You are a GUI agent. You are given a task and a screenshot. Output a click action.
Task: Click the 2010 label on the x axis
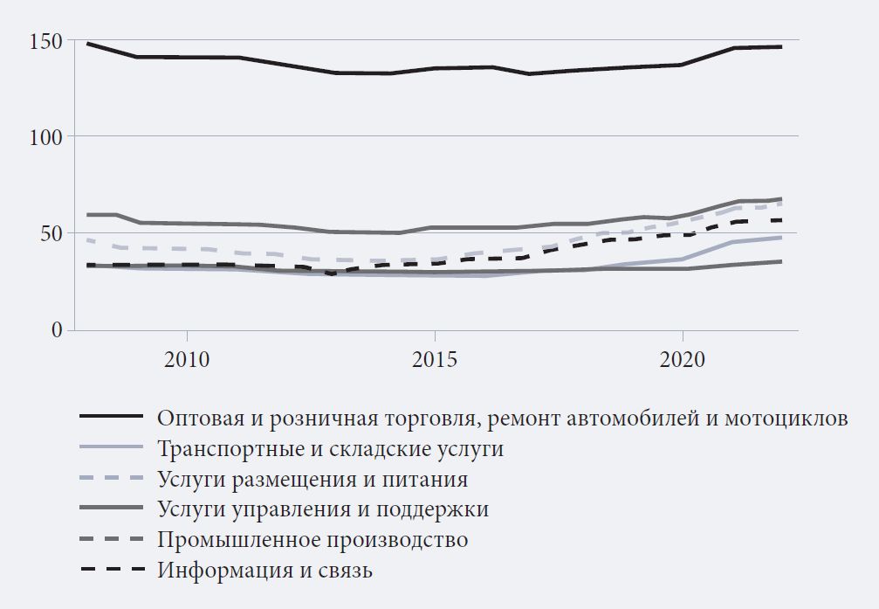coord(187,361)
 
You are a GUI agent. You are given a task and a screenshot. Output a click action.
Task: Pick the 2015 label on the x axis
coord(434,361)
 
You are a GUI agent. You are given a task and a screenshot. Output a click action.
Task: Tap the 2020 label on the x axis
coord(682,361)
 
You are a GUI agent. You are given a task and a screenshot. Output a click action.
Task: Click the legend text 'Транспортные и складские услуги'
coord(331,449)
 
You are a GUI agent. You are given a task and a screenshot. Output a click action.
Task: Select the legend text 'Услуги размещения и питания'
coord(312,480)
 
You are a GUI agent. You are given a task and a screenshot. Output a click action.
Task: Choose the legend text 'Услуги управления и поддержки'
coord(323,509)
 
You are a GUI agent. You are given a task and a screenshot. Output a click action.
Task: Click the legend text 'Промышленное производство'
coord(312,540)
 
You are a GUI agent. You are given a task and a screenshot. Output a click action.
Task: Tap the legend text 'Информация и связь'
coord(265,571)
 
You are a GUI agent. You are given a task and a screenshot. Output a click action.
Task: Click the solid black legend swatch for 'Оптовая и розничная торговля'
coord(111,419)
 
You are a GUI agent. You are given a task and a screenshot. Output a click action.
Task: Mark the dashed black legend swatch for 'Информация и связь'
coord(111,571)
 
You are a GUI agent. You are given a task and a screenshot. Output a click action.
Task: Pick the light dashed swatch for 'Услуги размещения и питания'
coord(111,480)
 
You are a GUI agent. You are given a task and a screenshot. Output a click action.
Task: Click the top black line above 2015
coord(434,67)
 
